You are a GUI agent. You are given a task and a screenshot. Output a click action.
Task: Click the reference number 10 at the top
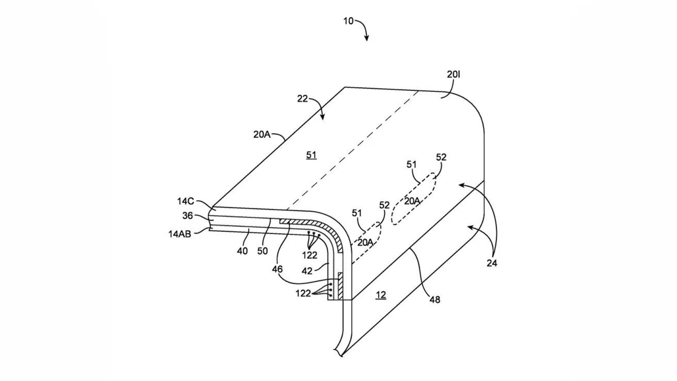(348, 21)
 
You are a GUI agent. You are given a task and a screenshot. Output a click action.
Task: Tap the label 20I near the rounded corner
(454, 74)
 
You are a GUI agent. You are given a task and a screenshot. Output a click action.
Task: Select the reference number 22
(303, 99)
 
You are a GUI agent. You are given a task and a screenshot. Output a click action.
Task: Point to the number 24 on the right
(492, 263)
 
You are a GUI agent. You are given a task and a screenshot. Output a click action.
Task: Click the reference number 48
(435, 300)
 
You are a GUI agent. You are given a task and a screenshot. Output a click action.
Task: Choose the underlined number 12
(381, 295)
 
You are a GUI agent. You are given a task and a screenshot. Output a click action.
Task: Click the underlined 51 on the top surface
(311, 155)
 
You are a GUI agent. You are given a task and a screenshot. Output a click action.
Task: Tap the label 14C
(185, 201)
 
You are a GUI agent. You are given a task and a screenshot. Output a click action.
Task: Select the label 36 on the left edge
(188, 216)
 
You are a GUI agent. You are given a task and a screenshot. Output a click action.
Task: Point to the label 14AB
(180, 234)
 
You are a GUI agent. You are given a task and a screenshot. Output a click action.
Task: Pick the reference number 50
(263, 251)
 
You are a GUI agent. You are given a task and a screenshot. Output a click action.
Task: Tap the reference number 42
(307, 271)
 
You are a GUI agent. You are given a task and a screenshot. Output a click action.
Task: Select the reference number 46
(277, 269)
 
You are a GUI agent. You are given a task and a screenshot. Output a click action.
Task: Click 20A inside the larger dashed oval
(412, 201)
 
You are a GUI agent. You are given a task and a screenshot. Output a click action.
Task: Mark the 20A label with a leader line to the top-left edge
(262, 134)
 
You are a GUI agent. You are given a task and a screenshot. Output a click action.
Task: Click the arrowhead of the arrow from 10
(367, 39)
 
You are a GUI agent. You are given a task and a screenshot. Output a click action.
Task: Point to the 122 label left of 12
(303, 293)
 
